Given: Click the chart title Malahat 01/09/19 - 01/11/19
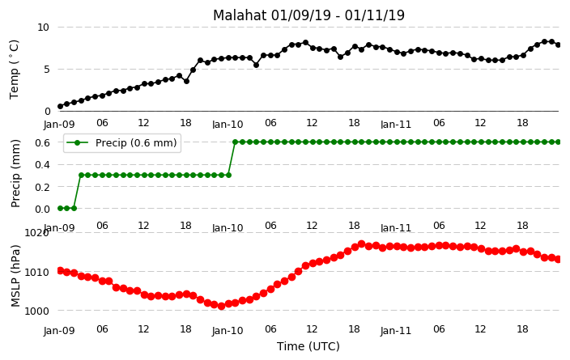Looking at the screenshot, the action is click(x=308, y=15).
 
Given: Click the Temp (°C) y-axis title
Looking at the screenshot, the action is click(x=14, y=70).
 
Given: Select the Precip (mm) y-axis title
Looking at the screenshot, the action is click(x=15, y=174).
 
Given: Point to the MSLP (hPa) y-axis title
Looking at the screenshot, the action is click(x=15, y=276).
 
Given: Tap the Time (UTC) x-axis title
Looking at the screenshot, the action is click(x=308, y=346).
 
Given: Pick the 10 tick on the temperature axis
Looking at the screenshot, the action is click(x=43, y=28).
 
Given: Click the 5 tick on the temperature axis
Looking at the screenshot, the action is click(x=46, y=69).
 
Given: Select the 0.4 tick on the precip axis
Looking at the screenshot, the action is click(x=43, y=164).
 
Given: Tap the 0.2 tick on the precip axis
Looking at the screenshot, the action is click(x=43, y=187).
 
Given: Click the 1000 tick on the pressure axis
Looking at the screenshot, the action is click(x=36, y=311).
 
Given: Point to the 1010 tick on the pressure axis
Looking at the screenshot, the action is click(x=36, y=272).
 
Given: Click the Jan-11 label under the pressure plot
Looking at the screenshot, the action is click(x=396, y=331).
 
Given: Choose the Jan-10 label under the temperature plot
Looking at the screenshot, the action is click(x=228, y=125).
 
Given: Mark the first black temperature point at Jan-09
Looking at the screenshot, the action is click(x=61, y=107).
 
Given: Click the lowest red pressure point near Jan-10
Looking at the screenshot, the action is click(x=221, y=307).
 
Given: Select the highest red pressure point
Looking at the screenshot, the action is click(x=361, y=244).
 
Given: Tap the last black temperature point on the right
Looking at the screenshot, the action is click(x=559, y=45).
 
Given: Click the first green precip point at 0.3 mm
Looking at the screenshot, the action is click(x=82, y=175).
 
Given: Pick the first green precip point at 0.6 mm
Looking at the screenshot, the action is click(x=236, y=142).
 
